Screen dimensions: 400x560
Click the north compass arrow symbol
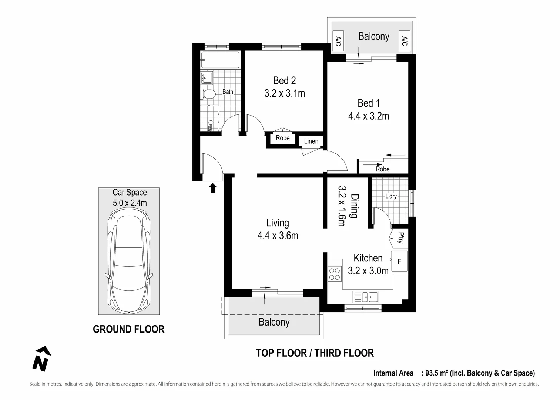pos(41,359)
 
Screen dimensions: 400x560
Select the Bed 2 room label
pos(284,80)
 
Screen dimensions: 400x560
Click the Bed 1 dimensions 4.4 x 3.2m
pos(368,116)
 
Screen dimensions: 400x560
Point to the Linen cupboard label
pos(311,141)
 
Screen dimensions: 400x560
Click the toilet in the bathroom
pos(209,94)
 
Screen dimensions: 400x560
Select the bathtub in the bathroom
pos(220,60)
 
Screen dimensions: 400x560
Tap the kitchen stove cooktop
pos(335,274)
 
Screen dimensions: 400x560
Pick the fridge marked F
pos(399,261)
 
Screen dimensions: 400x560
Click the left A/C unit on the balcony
pos(338,41)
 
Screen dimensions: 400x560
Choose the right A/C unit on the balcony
pos(404,41)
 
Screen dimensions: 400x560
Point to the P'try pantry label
pos(400,237)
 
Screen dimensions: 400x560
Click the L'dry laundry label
pos(391,196)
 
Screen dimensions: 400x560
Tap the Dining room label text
pos(354,206)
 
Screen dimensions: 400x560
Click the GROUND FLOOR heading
pos(128,329)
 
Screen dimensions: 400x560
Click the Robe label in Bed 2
pos(282,138)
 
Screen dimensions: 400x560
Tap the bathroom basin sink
pos(206,79)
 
